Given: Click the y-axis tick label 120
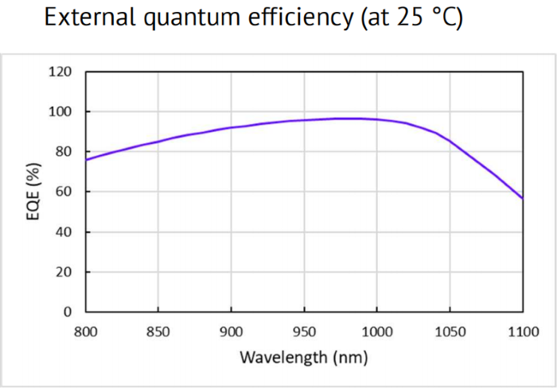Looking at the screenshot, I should pyautogui.click(x=61, y=72).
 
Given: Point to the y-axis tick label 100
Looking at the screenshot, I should pyautogui.click(x=61, y=111).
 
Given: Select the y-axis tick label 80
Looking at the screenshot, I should pyautogui.click(x=64, y=151).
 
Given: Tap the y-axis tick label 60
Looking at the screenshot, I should pyautogui.click(x=64, y=192).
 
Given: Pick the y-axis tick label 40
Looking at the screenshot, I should pyautogui.click(x=64, y=231).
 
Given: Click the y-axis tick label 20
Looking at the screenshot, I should pyautogui.click(x=64, y=272).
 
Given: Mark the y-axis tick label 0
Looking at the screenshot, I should pyautogui.click(x=68, y=312).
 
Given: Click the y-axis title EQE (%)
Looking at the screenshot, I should pyautogui.click(x=34, y=192).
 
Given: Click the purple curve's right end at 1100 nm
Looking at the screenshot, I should pyautogui.click(x=523, y=198).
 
